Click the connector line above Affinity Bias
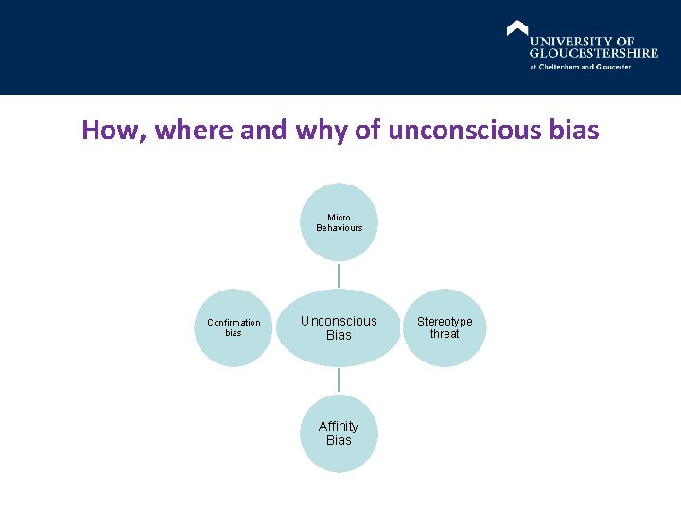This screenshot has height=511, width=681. pyautogui.click(x=339, y=379)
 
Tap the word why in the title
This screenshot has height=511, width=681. pyautogui.click(x=322, y=130)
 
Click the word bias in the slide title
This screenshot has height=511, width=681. pyautogui.click(x=573, y=130)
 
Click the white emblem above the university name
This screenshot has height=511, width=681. pyautogui.click(x=517, y=28)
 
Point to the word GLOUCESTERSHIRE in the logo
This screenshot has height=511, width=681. pyautogui.click(x=594, y=53)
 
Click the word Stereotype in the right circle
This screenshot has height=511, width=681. pyautogui.click(x=445, y=322)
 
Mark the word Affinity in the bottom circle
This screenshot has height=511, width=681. pyautogui.click(x=339, y=427)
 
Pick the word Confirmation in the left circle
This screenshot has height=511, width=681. pyautogui.click(x=234, y=323)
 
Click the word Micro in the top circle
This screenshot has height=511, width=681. pyautogui.click(x=339, y=218)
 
